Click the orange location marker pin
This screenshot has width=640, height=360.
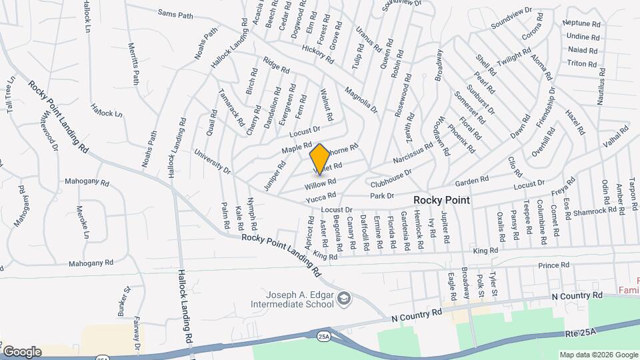(319, 158)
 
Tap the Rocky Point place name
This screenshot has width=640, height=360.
(441, 200)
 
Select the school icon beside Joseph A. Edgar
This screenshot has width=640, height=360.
(343, 297)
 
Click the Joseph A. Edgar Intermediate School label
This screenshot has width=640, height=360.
(299, 300)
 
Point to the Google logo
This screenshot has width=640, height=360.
(22, 351)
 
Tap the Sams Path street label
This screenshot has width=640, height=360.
(175, 13)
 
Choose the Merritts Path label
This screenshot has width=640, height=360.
(134, 63)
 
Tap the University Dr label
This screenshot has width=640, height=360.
(213, 162)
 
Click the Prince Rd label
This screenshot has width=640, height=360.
(555, 265)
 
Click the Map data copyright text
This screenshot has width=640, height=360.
(597, 355)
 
